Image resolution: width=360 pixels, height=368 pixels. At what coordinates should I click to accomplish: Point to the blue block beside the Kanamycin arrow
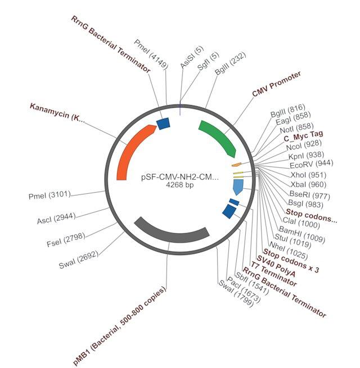click(163, 124)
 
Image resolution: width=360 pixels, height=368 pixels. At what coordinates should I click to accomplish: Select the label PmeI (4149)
click(151, 54)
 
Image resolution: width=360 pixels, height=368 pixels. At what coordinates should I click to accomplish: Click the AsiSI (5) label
click(192, 57)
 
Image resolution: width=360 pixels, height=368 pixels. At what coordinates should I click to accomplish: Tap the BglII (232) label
click(230, 63)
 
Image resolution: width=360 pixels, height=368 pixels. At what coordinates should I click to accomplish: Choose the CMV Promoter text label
click(276, 84)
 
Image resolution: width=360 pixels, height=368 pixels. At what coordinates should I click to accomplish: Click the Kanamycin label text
click(57, 112)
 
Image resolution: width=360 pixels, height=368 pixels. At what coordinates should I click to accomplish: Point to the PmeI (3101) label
click(49, 195)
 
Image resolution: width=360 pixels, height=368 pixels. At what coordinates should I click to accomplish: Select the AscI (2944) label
click(56, 218)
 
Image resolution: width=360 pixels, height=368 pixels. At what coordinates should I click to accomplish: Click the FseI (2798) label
click(66, 240)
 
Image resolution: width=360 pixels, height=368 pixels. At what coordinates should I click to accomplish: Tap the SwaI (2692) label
click(78, 260)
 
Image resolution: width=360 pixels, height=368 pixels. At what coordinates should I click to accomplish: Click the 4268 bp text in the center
click(180, 185)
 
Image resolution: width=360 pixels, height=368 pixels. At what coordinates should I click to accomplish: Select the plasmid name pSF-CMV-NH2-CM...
click(180, 177)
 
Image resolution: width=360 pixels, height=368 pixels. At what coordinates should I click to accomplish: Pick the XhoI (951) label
click(309, 175)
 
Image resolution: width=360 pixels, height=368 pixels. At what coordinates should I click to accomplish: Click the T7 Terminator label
click(273, 274)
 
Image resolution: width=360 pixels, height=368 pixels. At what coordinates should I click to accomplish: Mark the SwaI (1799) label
click(236, 294)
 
